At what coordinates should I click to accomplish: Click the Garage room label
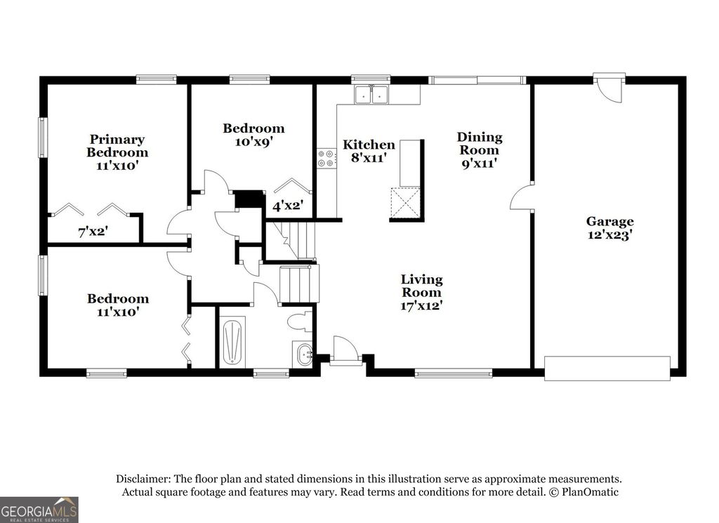pyautogui.click(x=609, y=228)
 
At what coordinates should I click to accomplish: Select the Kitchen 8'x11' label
pyautogui.click(x=369, y=151)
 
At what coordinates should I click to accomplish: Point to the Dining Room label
pyautogui.click(x=480, y=150)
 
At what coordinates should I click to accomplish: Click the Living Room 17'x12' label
pyautogui.click(x=421, y=292)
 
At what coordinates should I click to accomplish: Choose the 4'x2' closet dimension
pyautogui.click(x=287, y=206)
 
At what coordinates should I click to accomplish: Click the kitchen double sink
pyautogui.click(x=372, y=94)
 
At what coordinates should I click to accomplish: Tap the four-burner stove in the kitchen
pyautogui.click(x=326, y=158)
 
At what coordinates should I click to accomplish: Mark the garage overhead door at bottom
pyautogui.click(x=607, y=368)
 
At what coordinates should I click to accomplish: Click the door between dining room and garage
pyautogui.click(x=520, y=197)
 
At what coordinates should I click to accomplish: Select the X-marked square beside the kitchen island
pyautogui.click(x=406, y=203)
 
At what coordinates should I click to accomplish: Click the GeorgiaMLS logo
pyautogui.click(x=39, y=509)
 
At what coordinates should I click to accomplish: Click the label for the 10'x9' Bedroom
pyautogui.click(x=253, y=134)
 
